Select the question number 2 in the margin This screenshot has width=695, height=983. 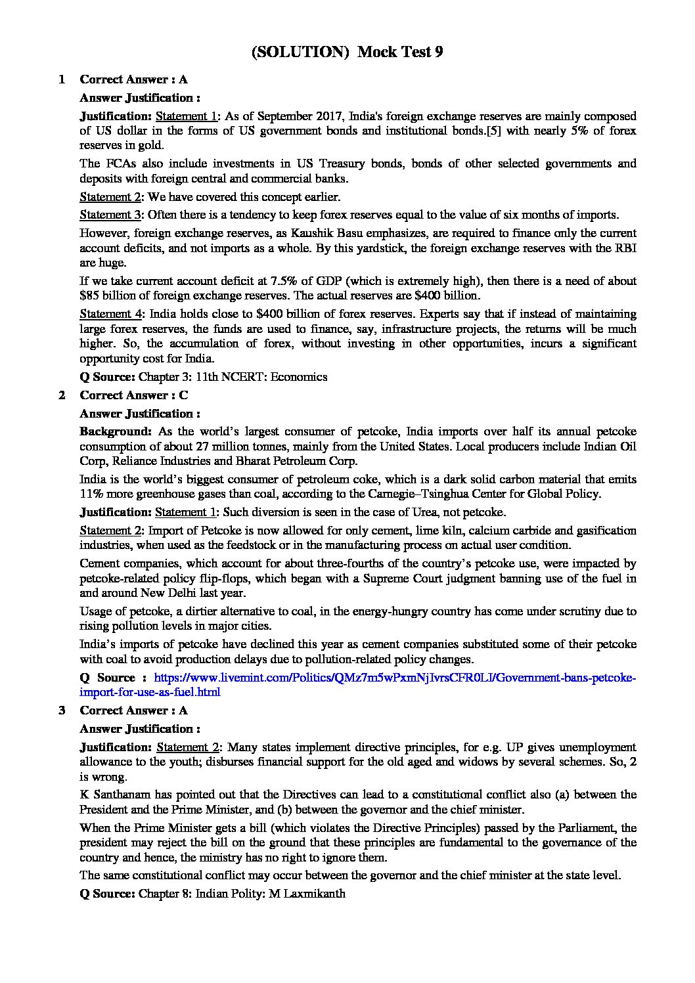[x=62, y=395]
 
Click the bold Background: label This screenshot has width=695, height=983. [x=116, y=432]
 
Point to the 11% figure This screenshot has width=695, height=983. [x=91, y=494]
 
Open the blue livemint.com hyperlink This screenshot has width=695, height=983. [x=394, y=678]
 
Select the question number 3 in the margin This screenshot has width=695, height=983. [x=62, y=710]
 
